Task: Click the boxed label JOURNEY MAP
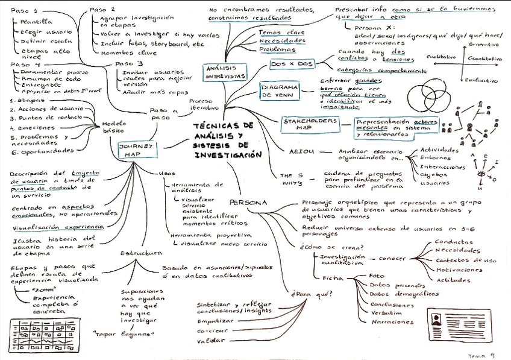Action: pos(139,150)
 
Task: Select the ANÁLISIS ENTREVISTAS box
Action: pos(226,72)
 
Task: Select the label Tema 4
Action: pos(481,355)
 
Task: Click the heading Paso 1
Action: pos(24,11)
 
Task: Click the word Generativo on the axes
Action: pos(487,44)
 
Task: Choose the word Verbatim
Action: pos(387,313)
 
